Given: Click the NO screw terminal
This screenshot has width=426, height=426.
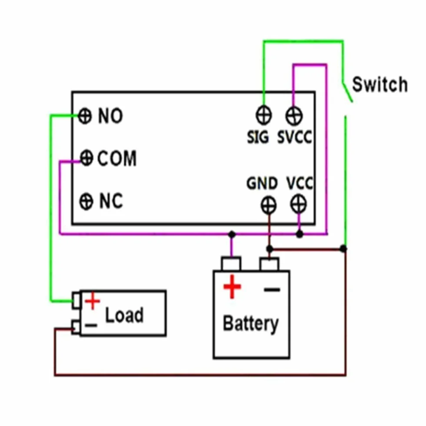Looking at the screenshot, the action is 85,116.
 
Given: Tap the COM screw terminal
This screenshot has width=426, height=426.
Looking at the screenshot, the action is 87,157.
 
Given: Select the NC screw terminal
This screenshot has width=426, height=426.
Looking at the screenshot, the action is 86,201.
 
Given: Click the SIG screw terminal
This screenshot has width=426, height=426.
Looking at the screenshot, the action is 263,115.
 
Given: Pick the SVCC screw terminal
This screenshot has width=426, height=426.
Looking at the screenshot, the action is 294,116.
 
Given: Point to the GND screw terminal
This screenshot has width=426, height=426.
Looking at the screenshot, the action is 269,205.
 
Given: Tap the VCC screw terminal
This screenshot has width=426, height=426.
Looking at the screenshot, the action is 299,204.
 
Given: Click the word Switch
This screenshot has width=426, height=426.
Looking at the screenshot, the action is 380,84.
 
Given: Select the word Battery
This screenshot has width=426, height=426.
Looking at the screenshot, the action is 251,323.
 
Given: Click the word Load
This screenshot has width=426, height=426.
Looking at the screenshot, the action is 124,315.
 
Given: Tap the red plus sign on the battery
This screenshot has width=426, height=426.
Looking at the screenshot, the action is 232,286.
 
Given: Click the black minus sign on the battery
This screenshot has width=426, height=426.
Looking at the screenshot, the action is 272,290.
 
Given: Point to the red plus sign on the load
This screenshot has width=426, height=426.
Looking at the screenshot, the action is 92,301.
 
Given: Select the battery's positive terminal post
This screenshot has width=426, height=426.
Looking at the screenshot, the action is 231,263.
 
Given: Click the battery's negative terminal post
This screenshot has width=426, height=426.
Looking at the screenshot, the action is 269,264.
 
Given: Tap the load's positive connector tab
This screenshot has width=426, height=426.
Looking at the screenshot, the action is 76,300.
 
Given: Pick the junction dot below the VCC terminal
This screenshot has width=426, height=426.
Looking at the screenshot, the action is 300,234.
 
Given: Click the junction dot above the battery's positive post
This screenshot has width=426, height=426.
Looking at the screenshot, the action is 232,234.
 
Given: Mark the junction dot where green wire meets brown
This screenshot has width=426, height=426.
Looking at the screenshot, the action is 343,248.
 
